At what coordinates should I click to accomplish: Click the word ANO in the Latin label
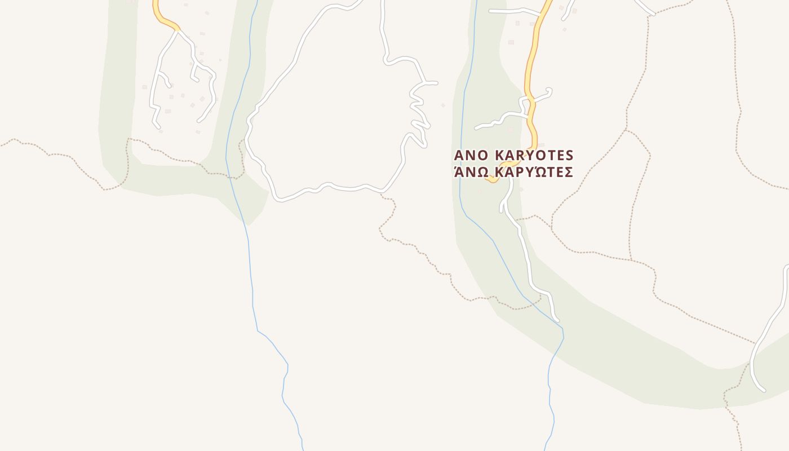click(x=472, y=155)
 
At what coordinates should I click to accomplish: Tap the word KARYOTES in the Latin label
click(x=534, y=155)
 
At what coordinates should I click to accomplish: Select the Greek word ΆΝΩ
click(x=471, y=172)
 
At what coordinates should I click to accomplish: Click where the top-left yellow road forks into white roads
click(x=178, y=30)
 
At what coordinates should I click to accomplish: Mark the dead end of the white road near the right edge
click(x=763, y=390)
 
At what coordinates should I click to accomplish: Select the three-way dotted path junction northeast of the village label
click(x=626, y=129)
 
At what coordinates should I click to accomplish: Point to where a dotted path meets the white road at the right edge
click(x=754, y=342)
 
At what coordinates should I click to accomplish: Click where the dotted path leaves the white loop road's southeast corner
click(x=382, y=193)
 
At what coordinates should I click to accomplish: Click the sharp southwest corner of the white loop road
click(x=277, y=199)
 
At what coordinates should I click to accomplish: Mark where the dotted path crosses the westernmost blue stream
click(x=227, y=175)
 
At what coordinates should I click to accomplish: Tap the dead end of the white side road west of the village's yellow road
click(x=476, y=128)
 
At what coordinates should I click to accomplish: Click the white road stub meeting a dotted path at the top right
click(x=652, y=13)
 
